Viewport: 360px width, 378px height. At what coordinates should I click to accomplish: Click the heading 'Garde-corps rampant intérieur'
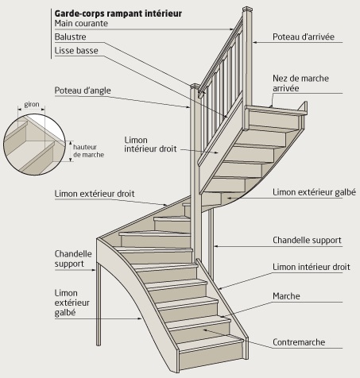click(118, 13)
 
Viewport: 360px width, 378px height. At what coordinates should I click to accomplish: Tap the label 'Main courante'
click(81, 23)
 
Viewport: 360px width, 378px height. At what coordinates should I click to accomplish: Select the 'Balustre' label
click(70, 37)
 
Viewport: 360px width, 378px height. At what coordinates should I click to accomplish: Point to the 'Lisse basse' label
click(76, 51)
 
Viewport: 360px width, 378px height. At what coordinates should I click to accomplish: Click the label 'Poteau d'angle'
click(83, 91)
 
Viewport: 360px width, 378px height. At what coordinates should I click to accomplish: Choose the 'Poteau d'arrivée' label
click(304, 37)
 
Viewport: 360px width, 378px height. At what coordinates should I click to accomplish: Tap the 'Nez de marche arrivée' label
click(300, 83)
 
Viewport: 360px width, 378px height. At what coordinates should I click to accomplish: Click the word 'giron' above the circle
click(32, 104)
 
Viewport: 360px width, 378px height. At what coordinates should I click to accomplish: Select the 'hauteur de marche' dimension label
click(88, 151)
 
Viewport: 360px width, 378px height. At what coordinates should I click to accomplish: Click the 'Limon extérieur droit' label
click(95, 194)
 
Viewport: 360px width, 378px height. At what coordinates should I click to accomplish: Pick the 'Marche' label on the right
click(286, 296)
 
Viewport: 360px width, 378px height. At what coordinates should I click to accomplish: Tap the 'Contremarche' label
click(299, 342)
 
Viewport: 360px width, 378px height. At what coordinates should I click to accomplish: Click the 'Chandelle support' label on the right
click(307, 241)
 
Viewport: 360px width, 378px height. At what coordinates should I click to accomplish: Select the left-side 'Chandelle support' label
click(73, 259)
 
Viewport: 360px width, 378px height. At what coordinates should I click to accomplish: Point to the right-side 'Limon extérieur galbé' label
click(314, 192)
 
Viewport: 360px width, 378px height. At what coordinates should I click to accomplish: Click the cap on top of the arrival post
click(247, 9)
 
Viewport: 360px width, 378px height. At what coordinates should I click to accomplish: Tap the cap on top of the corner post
click(195, 86)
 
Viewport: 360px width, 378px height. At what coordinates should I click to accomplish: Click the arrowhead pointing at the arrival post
click(254, 42)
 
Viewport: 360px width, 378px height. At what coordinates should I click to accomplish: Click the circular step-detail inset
click(34, 145)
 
